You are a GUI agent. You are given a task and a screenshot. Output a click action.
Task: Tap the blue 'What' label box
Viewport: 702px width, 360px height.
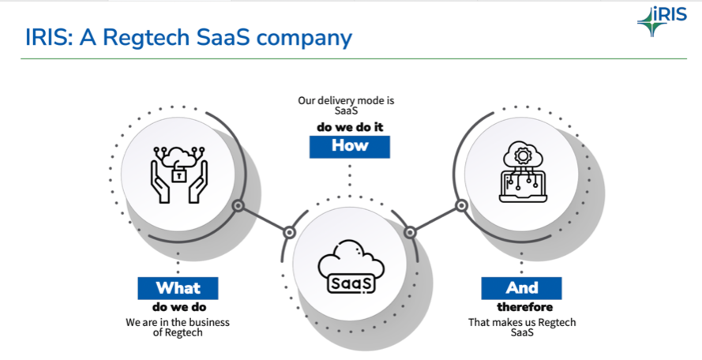[178, 287]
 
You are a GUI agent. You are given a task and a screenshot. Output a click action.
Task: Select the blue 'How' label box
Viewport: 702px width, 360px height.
[350, 145]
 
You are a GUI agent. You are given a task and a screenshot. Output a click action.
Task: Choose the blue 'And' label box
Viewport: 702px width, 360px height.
[522, 287]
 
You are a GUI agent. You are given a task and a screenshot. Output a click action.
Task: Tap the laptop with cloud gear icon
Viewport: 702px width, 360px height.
[521, 172]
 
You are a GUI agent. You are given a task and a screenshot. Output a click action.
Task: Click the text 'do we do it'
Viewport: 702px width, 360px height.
[350, 127]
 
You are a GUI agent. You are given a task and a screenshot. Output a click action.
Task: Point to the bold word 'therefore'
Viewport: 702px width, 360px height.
[524, 306]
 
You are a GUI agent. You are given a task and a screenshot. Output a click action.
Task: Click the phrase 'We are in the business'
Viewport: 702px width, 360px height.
[178, 322]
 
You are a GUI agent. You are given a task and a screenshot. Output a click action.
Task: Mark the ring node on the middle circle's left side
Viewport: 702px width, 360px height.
[290, 232]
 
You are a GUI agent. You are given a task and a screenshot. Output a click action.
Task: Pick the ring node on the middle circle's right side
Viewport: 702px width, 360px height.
[410, 232]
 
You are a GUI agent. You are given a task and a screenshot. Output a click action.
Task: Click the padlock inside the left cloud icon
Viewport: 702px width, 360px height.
[180, 173]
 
